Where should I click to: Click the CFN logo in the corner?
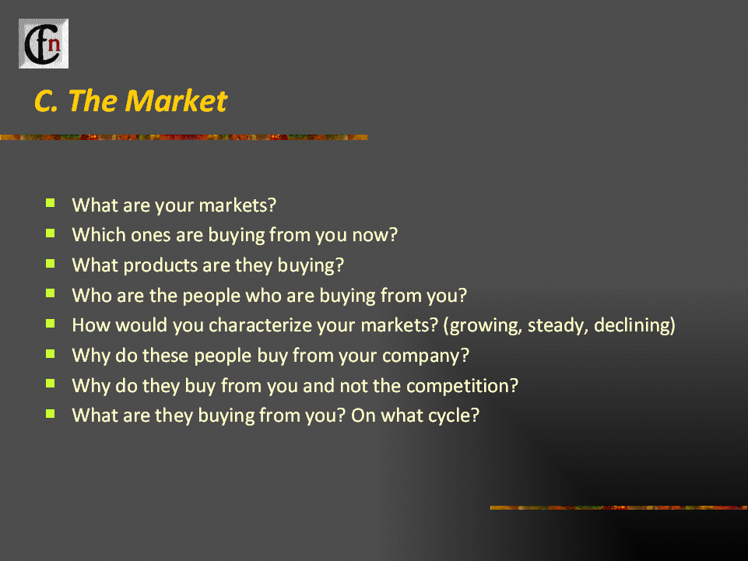pos(44,44)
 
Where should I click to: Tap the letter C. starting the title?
pos(46,101)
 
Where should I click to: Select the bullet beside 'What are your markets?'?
pos(50,204)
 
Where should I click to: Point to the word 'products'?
pos(160,265)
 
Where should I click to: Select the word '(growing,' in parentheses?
pos(482,326)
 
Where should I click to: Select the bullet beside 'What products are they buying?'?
pos(50,263)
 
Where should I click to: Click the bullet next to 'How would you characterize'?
pos(50,324)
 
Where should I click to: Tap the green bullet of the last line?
pos(50,414)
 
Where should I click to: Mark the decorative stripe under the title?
pos(184,138)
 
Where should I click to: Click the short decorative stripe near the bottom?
pos(620,507)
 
